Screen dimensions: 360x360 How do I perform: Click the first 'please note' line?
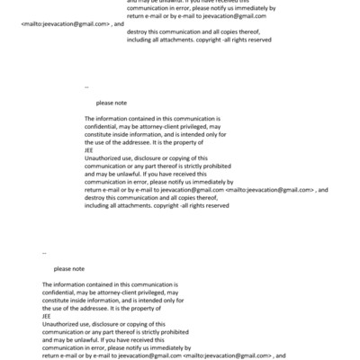click(112, 103)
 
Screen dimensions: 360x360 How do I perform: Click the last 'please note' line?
click(69, 268)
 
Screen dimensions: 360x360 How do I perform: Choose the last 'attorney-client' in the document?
click(118, 292)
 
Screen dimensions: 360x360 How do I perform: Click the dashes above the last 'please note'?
click(44, 254)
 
